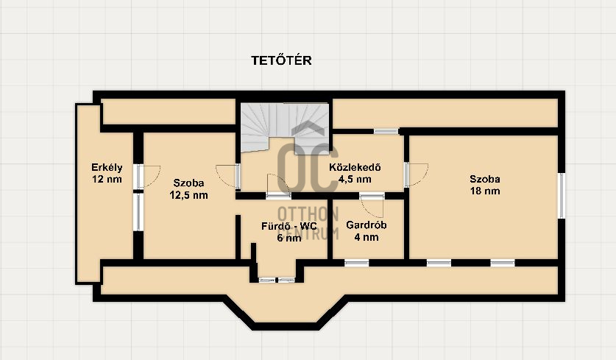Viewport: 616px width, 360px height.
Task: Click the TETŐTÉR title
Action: coord(281,60)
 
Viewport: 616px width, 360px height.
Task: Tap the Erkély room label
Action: coord(107,167)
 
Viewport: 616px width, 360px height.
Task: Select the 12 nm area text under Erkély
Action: coord(107,179)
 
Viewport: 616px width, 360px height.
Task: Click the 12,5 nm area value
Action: coord(188,195)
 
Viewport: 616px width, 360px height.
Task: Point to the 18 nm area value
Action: coord(485,191)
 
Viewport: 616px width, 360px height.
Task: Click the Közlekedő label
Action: coord(355,167)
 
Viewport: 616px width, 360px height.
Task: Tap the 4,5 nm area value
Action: coord(355,179)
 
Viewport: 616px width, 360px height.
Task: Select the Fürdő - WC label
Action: coord(288,226)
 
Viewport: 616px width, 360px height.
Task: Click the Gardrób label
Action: coord(367,225)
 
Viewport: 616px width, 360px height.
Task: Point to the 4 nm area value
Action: coord(367,237)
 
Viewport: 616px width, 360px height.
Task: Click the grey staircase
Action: coord(285,127)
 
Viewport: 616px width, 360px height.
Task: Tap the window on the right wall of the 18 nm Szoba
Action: coord(562,196)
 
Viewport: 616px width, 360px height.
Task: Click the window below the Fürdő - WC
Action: coord(277,280)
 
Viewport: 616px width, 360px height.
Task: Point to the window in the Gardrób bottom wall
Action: coord(357,263)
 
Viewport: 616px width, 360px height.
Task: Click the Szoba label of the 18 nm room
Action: coord(485,179)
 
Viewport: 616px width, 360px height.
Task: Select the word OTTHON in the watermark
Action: coord(308,214)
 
